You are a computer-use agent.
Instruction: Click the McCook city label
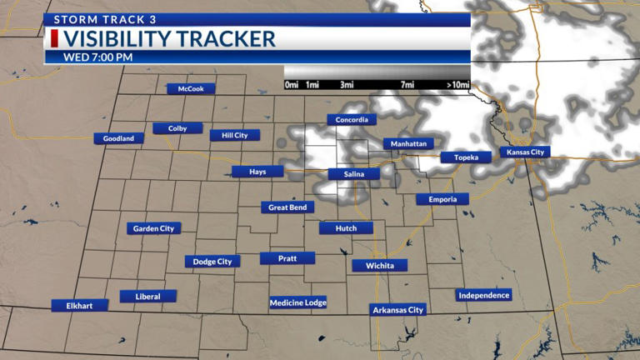191,89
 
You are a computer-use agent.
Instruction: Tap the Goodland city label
118,138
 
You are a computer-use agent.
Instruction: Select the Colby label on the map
177,128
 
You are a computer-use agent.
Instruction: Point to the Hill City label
235,135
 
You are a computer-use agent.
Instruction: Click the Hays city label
257,172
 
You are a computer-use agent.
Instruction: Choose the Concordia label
351,120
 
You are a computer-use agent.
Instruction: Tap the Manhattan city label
409,144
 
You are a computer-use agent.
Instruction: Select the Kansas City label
526,152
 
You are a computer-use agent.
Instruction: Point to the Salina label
354,174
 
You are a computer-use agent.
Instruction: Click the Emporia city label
442,199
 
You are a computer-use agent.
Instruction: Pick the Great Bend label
287,207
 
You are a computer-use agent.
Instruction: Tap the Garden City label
153,228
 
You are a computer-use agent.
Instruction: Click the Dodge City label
212,262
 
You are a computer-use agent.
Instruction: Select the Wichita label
380,266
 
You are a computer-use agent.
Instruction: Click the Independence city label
483,295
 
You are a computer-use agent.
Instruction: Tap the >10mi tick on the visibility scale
458,85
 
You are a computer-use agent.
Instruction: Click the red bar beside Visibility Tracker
54,38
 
